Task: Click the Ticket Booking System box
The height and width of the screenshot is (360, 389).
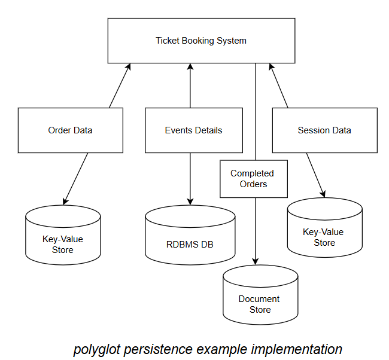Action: [201, 41]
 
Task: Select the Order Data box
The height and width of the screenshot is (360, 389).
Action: [70, 130]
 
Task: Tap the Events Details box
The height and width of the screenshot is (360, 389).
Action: [193, 130]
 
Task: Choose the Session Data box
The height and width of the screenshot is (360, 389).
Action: [324, 130]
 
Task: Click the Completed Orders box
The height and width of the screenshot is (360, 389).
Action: [253, 179]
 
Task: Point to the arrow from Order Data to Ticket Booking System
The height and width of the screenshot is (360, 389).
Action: [120, 86]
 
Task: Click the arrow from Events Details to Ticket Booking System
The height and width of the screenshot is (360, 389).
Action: [190, 86]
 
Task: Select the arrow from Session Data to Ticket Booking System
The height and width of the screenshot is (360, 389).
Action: [278, 86]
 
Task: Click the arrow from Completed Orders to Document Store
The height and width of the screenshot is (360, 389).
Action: [256, 230]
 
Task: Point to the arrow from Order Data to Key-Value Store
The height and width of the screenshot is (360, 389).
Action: [76, 178]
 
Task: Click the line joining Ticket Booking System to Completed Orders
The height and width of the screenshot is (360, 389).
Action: [256, 111]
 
